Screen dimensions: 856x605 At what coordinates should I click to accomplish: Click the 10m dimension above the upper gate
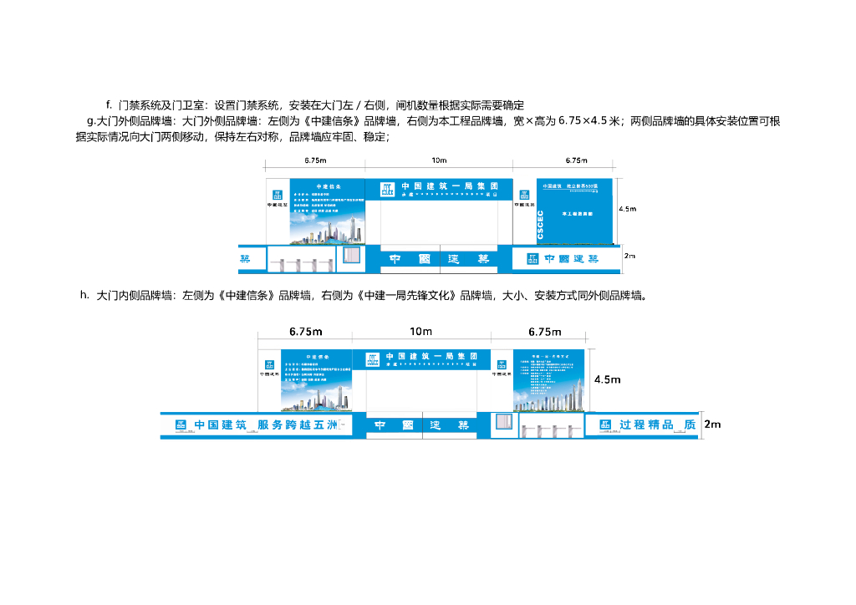[x=439, y=160]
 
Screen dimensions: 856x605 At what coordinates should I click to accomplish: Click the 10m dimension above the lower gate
[x=420, y=332]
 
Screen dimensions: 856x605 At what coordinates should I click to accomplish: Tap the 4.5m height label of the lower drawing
[x=609, y=379]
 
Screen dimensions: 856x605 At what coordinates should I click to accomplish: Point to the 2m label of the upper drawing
[x=629, y=256]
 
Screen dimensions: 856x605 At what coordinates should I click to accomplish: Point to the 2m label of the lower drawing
[x=712, y=425]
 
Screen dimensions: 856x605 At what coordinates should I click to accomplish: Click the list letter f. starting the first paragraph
[x=109, y=104]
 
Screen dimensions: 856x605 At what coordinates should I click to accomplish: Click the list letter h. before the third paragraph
[x=84, y=294]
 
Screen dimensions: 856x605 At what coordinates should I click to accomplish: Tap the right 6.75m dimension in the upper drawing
[x=577, y=160]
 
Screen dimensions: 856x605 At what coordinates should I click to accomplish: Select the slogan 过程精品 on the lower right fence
[x=648, y=425]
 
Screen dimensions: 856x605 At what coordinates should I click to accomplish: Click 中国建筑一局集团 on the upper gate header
[x=449, y=186]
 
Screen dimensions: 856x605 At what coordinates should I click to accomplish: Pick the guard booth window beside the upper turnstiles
[x=352, y=256]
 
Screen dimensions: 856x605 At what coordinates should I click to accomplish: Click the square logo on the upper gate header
[x=387, y=189]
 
